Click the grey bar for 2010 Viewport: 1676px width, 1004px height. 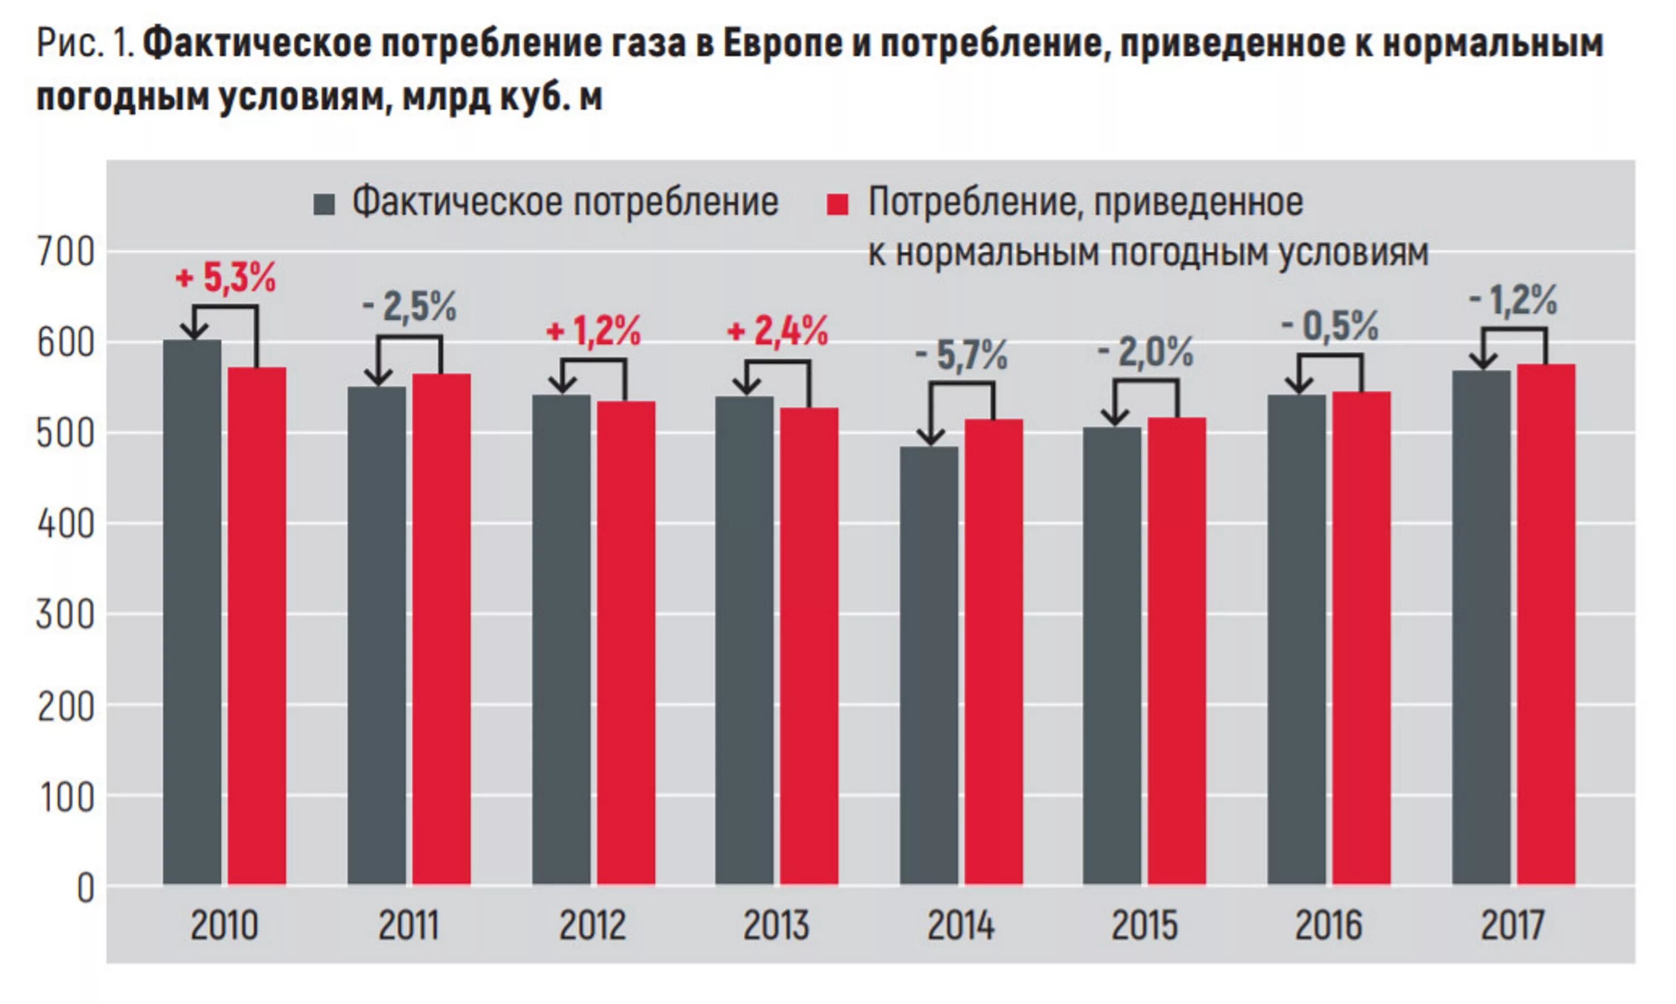coord(192,612)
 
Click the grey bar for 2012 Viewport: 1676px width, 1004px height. coord(561,639)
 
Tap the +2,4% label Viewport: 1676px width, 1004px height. coord(777,331)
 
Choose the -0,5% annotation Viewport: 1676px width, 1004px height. coord(1329,327)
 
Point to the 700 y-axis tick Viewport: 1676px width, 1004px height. coord(65,253)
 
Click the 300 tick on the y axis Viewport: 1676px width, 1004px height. coord(65,615)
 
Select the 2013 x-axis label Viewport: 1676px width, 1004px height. coord(776,926)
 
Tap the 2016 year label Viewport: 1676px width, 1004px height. coord(1329,926)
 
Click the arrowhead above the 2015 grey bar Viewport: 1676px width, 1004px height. coord(1114,416)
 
